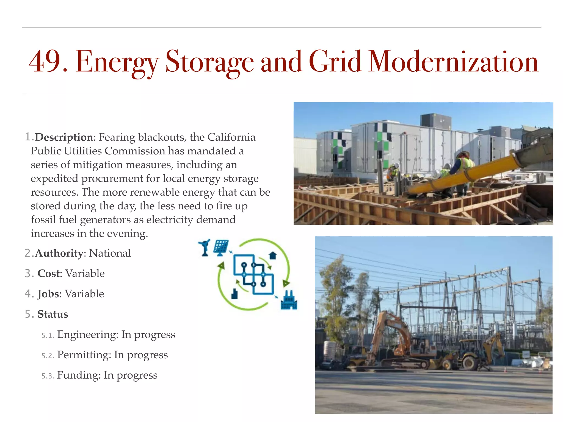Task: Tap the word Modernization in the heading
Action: pyautogui.click(x=453, y=62)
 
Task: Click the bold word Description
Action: pyautogui.click(x=64, y=137)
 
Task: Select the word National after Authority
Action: pyautogui.click(x=110, y=253)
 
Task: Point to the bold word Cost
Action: pyautogui.click(x=48, y=273)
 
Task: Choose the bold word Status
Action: pyautogui.click(x=53, y=314)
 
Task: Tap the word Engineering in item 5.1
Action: pyautogui.click(x=88, y=335)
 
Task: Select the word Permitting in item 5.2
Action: pyautogui.click(x=84, y=355)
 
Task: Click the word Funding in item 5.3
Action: pyautogui.click(x=79, y=375)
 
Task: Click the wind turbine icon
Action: pyautogui.click(x=205, y=248)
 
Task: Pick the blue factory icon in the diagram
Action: pyautogui.click(x=289, y=301)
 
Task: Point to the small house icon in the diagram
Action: pyautogui.click(x=273, y=256)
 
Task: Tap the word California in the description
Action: pyautogui.click(x=231, y=137)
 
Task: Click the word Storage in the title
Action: pyautogui.click(x=209, y=62)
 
